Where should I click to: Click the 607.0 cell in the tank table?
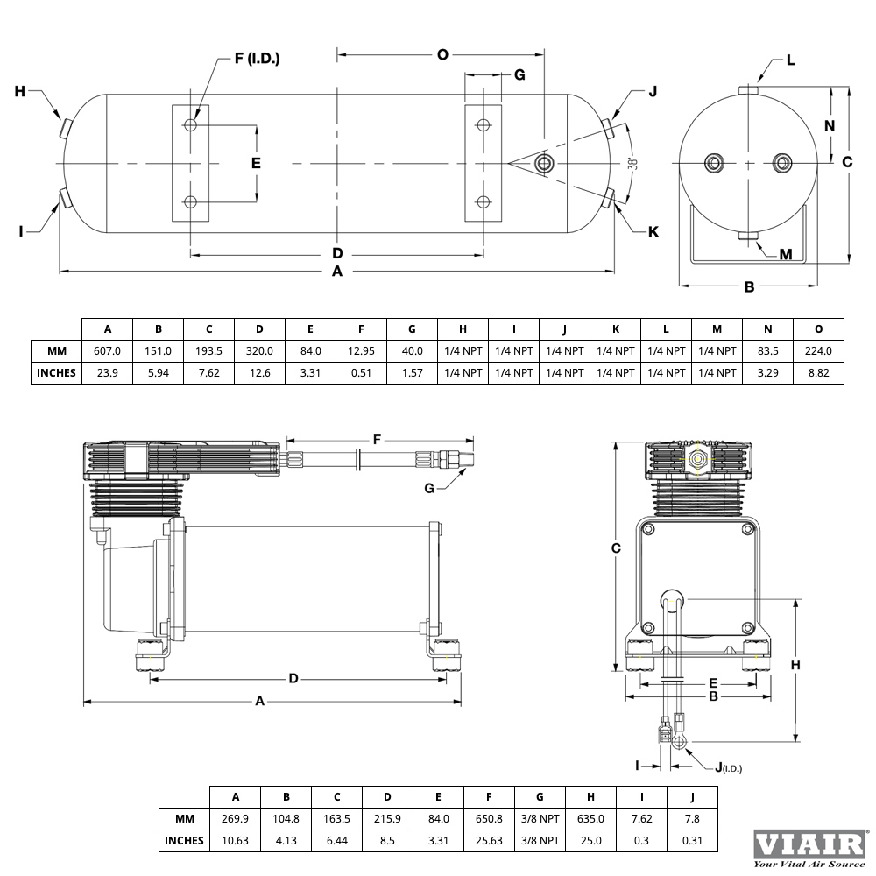107,351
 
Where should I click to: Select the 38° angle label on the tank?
632,164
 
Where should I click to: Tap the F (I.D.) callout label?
257,58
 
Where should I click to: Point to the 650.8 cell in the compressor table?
489,818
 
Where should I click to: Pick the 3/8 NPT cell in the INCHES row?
540,840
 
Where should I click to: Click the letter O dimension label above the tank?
442,54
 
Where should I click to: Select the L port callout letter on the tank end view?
790,60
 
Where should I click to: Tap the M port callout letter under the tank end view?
786,255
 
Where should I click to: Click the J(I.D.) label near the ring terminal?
729,767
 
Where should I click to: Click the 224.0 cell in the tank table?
818,351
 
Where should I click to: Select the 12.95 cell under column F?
361,351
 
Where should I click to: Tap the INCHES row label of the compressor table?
184,840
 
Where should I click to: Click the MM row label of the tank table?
56,351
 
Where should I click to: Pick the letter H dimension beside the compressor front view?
795,665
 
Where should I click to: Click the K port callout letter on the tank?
653,232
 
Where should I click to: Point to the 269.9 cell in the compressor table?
235,818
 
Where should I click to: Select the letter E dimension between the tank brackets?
256,163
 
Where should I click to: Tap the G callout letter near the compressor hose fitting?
429,488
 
